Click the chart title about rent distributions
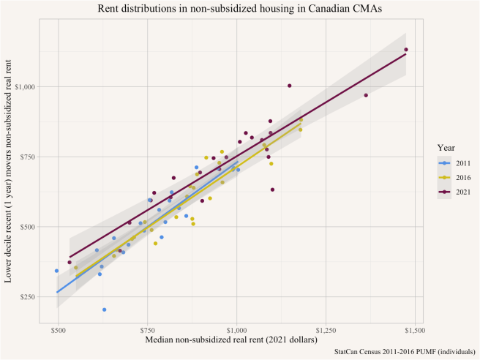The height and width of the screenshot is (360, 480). pyautogui.click(x=239, y=8)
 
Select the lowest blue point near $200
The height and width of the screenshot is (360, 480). pyautogui.click(x=104, y=310)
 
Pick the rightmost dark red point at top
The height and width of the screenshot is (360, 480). pyautogui.click(x=406, y=50)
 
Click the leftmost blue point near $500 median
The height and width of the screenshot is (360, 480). pyautogui.click(x=56, y=271)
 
